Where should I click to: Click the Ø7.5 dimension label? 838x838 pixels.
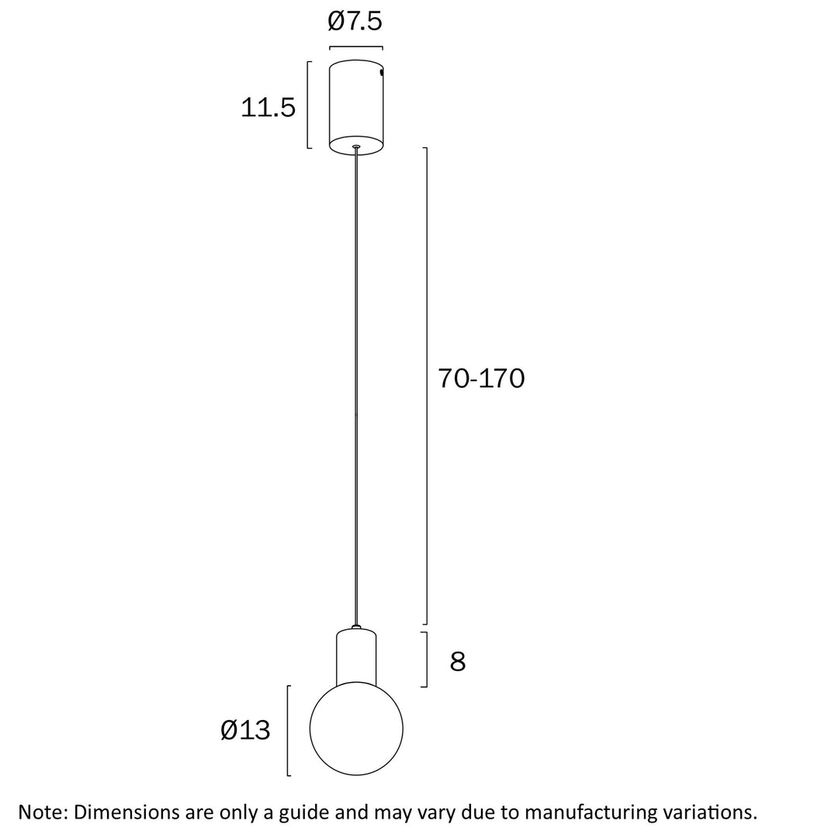[x=355, y=22]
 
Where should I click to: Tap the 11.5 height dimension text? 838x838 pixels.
[x=268, y=108]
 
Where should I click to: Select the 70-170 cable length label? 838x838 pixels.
[x=481, y=379]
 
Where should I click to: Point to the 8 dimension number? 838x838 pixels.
[x=458, y=662]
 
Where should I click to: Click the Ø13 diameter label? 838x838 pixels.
[x=245, y=730]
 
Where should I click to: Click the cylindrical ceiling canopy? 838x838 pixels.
[x=356, y=105]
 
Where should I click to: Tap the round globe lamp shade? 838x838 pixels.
[x=356, y=729]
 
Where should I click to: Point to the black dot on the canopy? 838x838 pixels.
[x=382, y=72]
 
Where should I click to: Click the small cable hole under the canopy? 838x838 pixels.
[x=356, y=146]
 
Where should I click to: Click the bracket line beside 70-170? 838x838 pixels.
[x=427, y=386]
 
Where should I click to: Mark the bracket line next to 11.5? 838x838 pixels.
[x=309, y=105]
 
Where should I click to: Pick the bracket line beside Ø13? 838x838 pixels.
[x=288, y=730]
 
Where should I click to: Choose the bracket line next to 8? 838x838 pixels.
[x=426, y=660]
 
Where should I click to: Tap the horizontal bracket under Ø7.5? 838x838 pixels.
[x=356, y=47]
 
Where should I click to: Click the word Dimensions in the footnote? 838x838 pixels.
[x=127, y=812]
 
